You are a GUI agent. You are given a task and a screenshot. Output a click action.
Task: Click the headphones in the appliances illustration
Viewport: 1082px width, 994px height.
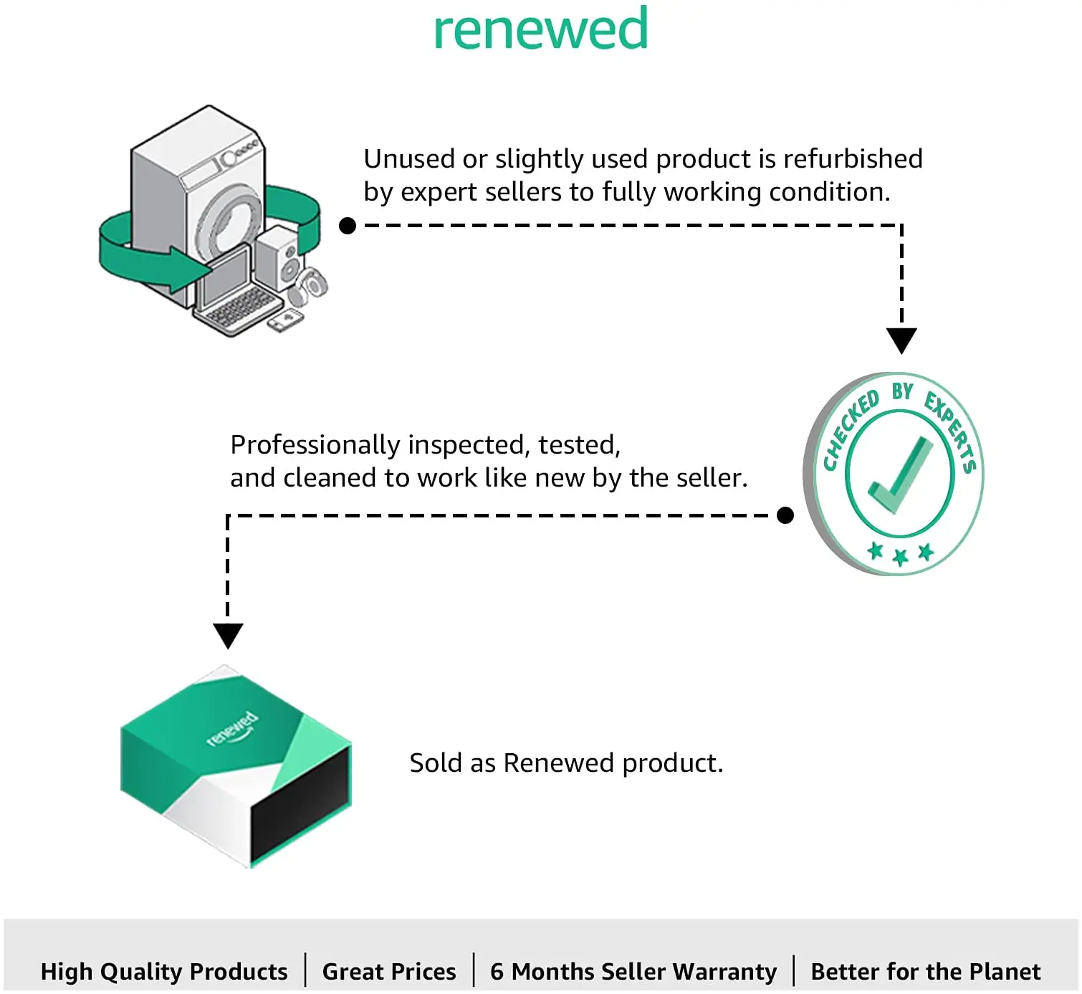click(308, 287)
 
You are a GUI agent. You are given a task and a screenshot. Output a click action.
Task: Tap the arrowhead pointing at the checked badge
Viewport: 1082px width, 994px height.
click(901, 340)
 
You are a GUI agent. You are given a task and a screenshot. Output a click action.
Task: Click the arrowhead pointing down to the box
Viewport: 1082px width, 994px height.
click(228, 636)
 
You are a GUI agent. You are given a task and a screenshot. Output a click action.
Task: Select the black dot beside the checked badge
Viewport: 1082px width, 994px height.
click(785, 515)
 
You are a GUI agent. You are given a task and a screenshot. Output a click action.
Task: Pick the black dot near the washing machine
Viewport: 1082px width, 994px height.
click(348, 226)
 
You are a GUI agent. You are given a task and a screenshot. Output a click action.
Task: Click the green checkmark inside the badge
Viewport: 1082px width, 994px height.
click(898, 475)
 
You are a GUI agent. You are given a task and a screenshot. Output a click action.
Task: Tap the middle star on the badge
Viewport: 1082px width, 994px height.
click(900, 556)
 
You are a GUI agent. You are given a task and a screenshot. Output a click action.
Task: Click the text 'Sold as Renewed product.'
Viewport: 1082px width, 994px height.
click(566, 763)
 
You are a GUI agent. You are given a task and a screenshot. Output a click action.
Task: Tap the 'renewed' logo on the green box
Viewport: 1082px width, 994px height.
click(232, 729)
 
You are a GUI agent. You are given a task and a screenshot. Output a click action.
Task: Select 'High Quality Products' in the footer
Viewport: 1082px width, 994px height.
click(164, 971)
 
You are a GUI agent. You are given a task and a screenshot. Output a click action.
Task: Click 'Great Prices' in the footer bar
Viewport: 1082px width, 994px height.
click(389, 971)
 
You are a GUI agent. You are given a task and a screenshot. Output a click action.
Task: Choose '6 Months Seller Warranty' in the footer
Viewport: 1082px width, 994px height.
click(633, 971)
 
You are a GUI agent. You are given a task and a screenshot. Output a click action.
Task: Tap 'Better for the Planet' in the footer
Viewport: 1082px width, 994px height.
click(926, 971)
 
